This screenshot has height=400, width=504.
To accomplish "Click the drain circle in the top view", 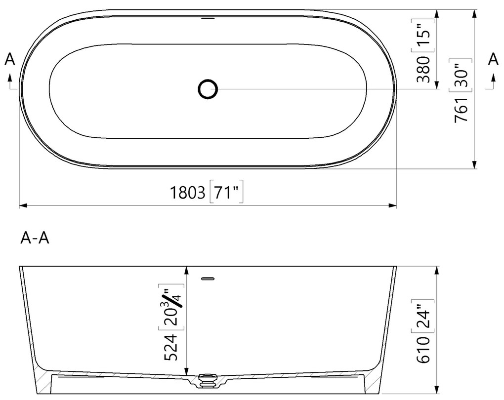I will (208, 89).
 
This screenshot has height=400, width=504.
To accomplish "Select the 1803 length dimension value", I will (188, 192).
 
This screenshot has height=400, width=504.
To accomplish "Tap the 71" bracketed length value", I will (228, 192).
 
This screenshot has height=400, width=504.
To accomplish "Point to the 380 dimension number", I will (423, 69).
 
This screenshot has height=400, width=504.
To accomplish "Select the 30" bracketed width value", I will (460, 74).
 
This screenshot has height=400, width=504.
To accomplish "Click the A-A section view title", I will (35, 239).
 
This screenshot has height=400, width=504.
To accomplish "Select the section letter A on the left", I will (10, 60).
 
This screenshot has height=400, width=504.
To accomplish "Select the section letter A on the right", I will (493, 59).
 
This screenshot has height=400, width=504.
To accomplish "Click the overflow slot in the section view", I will (208, 279).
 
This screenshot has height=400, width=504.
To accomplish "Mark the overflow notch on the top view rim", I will (208, 18).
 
